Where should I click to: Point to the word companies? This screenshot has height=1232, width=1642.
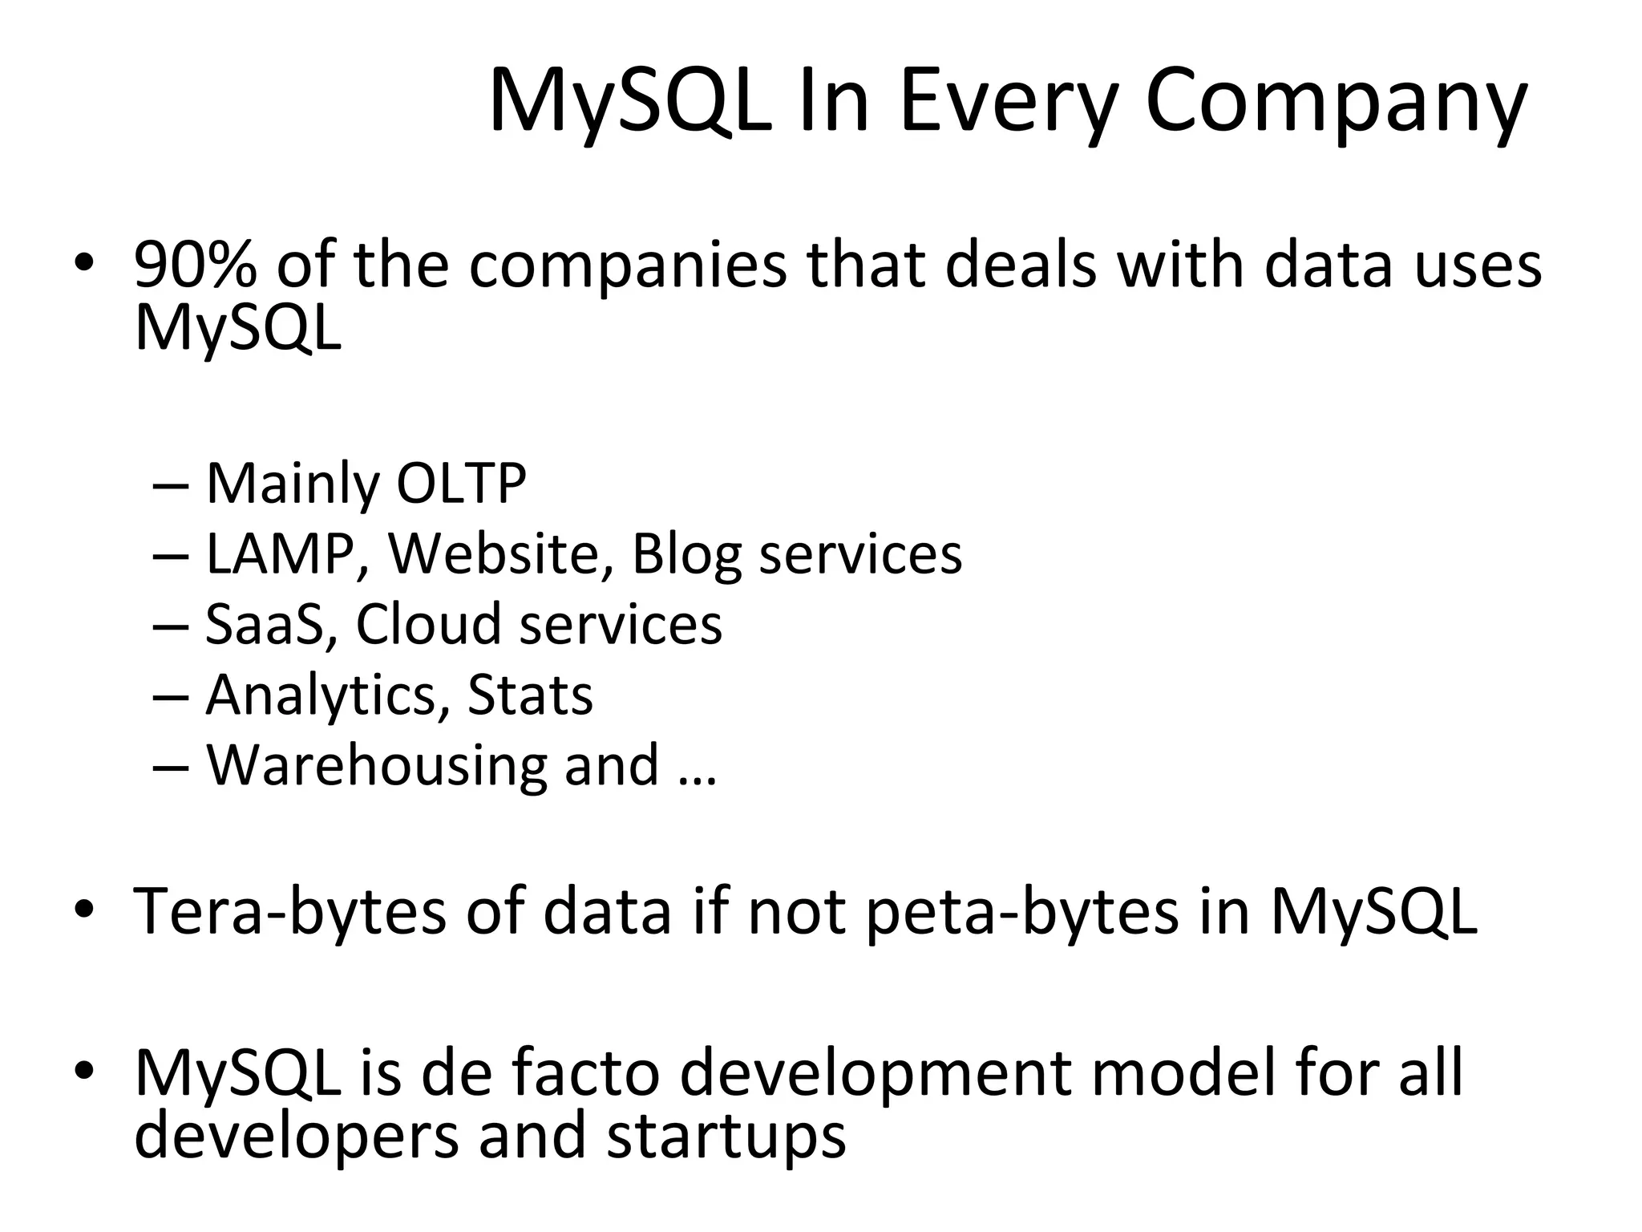point(628,265)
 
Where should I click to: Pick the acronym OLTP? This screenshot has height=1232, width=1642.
point(461,484)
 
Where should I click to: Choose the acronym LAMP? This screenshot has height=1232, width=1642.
point(281,554)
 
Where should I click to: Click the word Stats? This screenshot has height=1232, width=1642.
point(530,695)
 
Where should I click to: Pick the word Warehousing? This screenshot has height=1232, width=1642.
point(376,766)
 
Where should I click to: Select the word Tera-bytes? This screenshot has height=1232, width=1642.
point(289,912)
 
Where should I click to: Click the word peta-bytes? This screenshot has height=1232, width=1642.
point(1022,912)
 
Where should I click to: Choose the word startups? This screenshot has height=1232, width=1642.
point(726,1137)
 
